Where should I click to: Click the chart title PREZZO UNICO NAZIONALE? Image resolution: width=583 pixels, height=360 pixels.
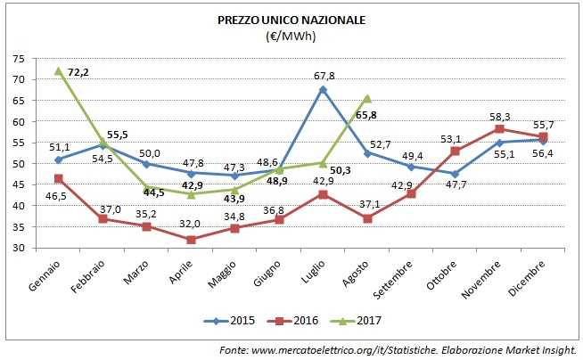click(291, 19)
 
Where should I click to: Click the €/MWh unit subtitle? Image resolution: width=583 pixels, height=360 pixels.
click(291, 37)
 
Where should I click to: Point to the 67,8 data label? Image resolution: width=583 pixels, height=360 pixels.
click(323, 76)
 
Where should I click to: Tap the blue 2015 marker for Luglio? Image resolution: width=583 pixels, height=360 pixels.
click(323, 89)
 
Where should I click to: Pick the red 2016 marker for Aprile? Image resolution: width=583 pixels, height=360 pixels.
click(191, 240)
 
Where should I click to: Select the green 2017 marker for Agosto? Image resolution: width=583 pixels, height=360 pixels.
click(367, 98)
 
